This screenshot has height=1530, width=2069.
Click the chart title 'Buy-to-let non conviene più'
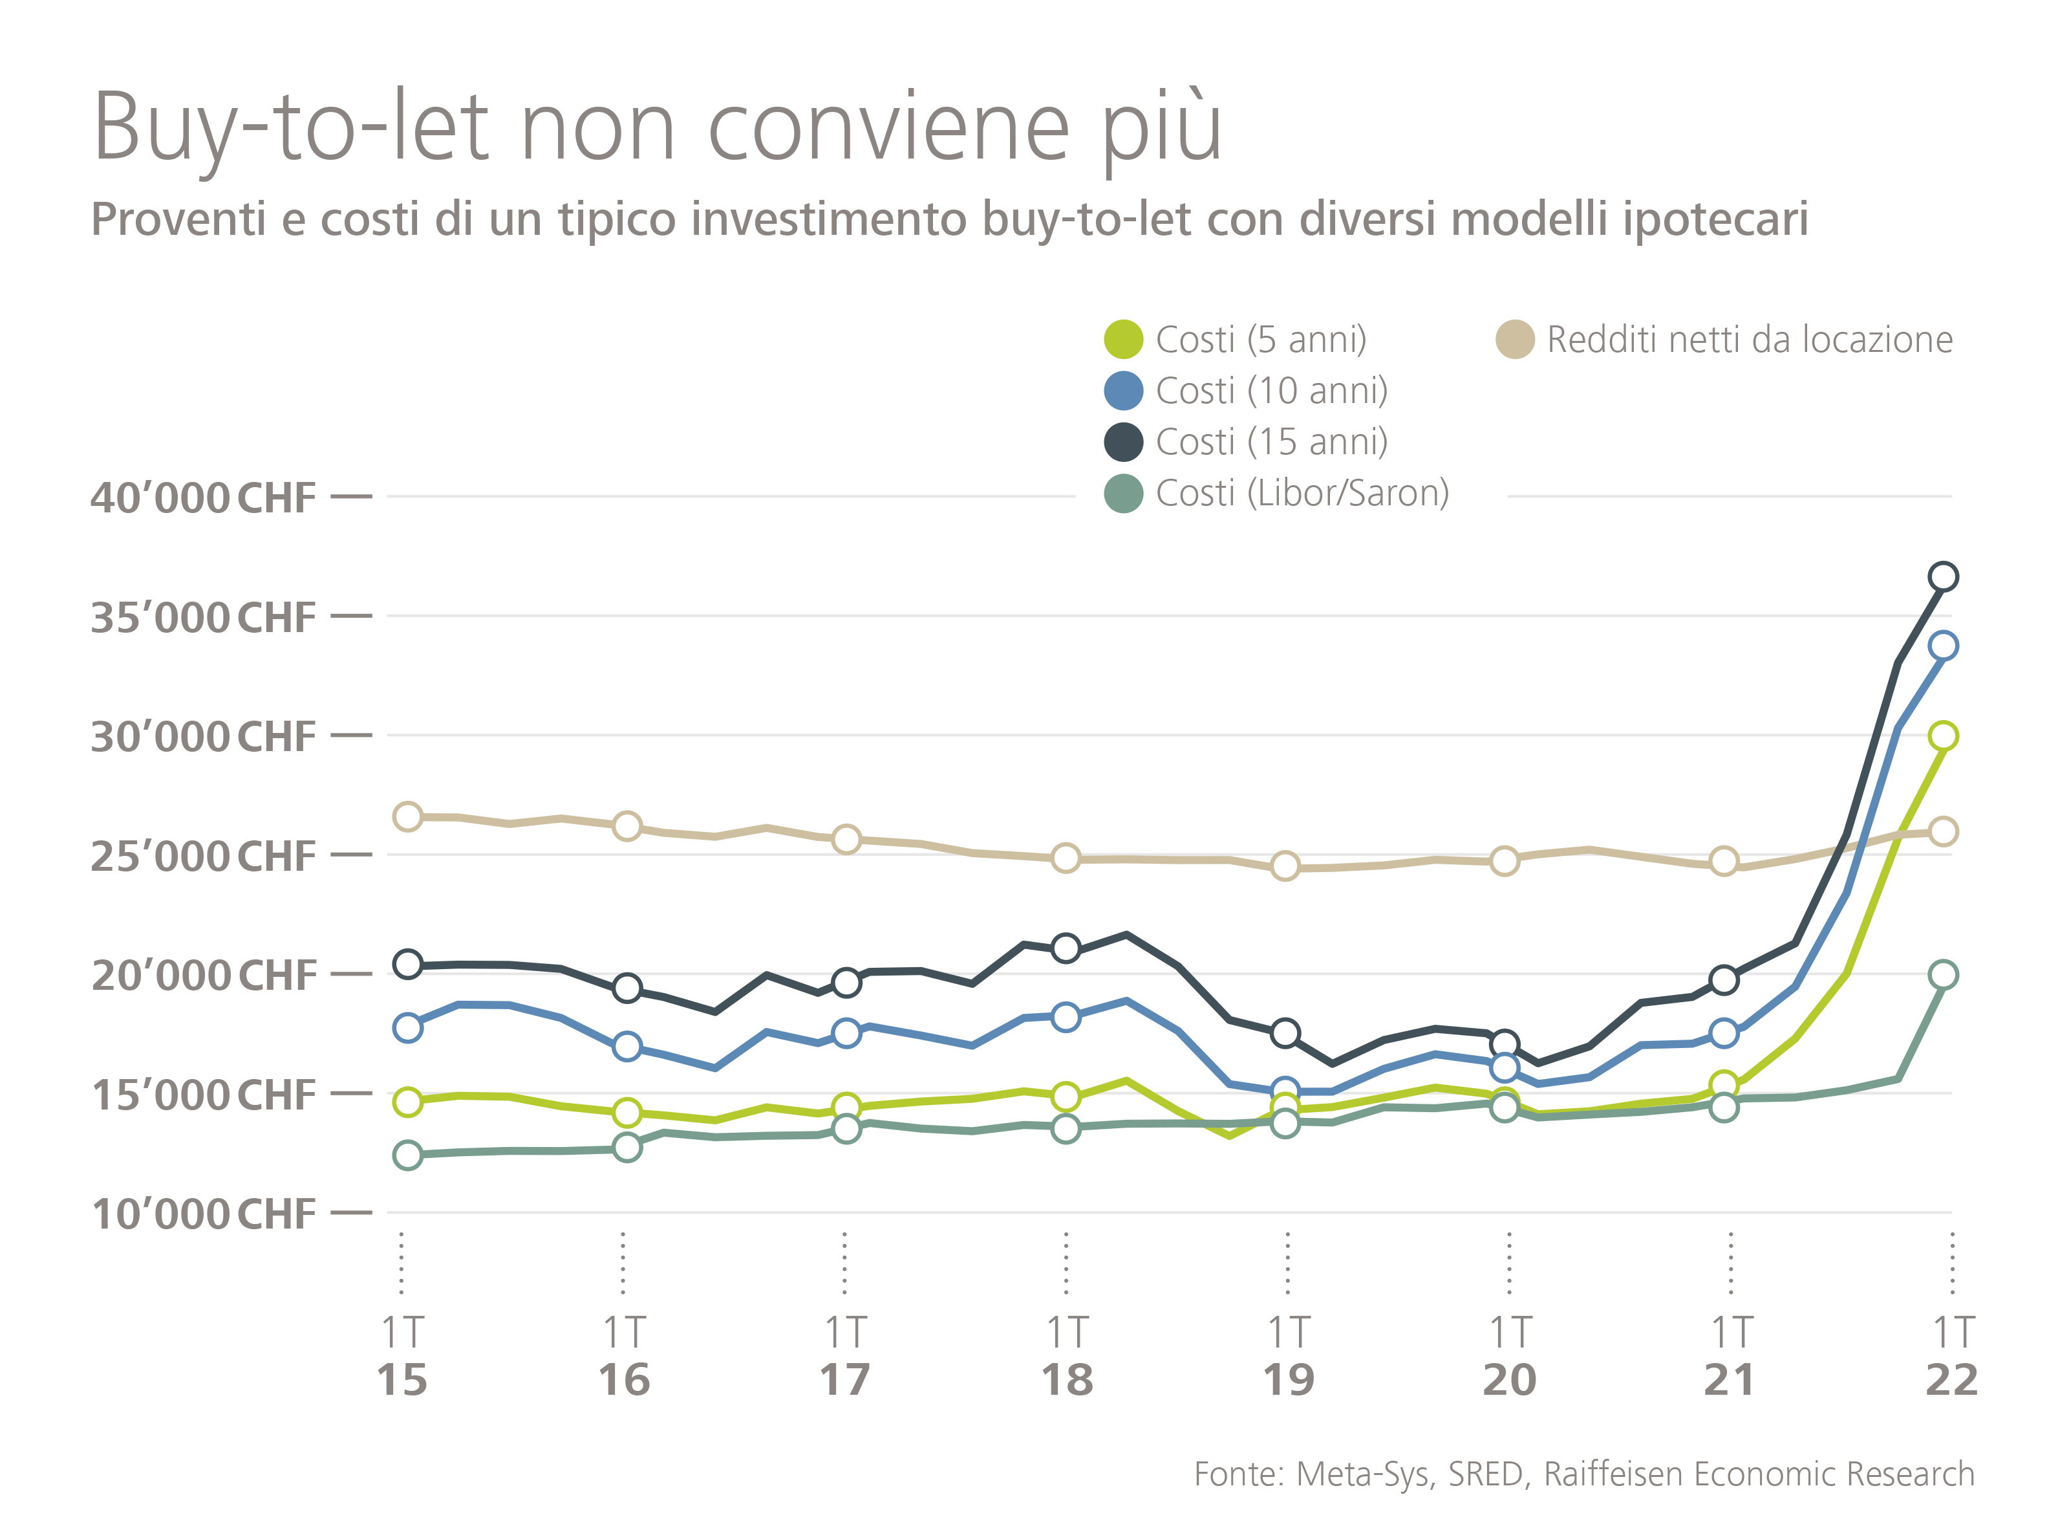(658, 127)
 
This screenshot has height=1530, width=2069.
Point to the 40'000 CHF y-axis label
(204, 498)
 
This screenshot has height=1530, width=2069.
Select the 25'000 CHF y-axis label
(204, 857)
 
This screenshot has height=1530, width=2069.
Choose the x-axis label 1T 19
(1289, 1356)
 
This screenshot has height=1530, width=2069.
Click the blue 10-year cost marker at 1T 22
(1943, 646)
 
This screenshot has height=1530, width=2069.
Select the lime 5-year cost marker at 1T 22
(1943, 736)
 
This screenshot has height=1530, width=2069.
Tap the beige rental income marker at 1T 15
(408, 816)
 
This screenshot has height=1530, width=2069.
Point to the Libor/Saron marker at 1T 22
(1943, 974)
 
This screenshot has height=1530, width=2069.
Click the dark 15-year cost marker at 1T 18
(1066, 948)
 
